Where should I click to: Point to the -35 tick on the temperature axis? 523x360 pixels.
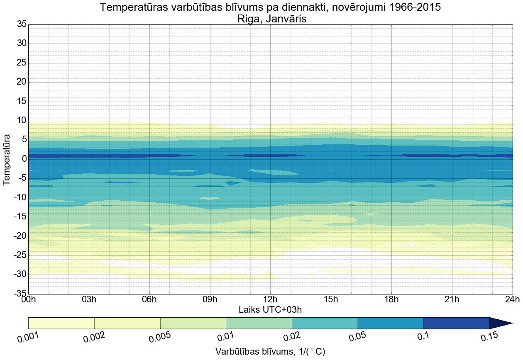(x=20, y=294)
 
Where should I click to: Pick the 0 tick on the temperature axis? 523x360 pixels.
(x=24, y=159)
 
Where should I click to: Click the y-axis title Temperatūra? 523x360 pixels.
(x=7, y=159)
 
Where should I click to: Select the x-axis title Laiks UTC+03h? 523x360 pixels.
(x=270, y=309)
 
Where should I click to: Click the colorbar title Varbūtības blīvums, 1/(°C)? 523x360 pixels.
(x=270, y=352)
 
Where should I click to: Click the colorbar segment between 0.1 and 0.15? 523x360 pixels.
(x=456, y=323)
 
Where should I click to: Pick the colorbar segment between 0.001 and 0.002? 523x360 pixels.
(x=61, y=323)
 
